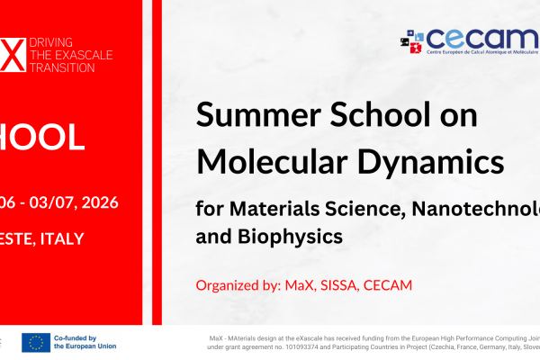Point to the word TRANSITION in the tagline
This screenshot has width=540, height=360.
point(61,67)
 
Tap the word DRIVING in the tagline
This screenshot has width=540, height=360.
point(51,43)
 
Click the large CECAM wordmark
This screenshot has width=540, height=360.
point(472,39)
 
